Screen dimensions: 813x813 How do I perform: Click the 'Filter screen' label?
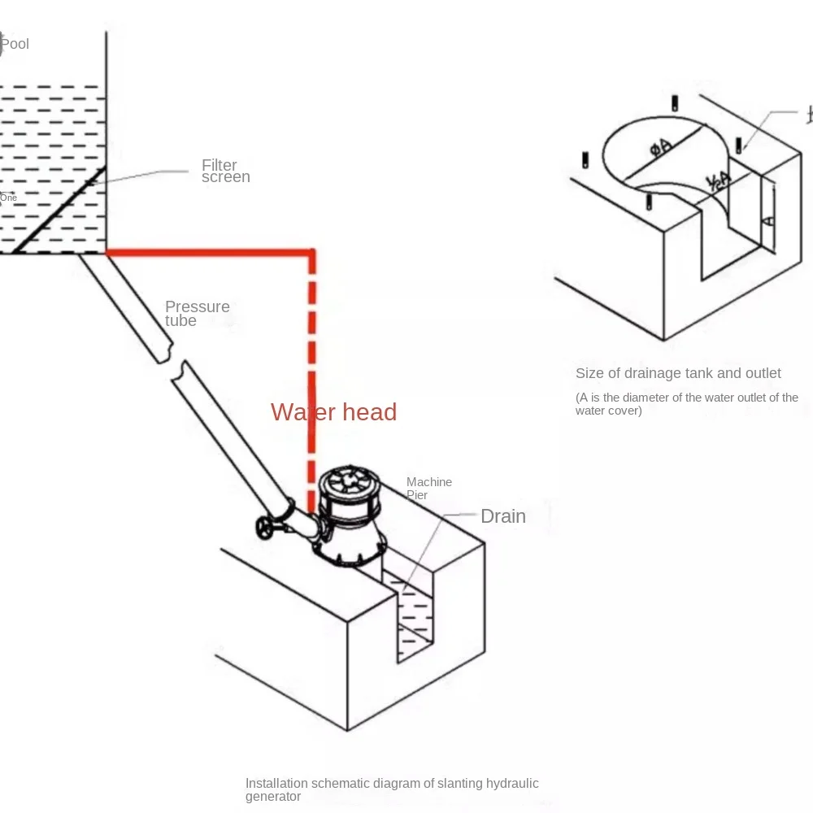[225, 171]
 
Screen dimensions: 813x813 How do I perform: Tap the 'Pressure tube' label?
[197, 314]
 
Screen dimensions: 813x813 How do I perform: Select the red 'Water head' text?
[333, 412]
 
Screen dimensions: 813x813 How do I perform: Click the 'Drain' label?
[502, 516]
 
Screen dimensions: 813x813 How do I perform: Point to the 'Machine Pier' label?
[428, 489]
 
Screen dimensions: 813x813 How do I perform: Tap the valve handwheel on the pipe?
[265, 527]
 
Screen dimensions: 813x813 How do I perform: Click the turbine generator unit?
[350, 520]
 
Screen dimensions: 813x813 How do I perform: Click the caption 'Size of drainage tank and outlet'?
[678, 373]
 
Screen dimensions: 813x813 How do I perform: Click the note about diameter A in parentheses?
[686, 404]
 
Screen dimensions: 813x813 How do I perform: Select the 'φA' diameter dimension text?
[660, 147]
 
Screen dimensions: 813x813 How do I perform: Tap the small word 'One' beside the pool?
[8, 198]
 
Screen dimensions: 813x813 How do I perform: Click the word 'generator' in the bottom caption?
[273, 797]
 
